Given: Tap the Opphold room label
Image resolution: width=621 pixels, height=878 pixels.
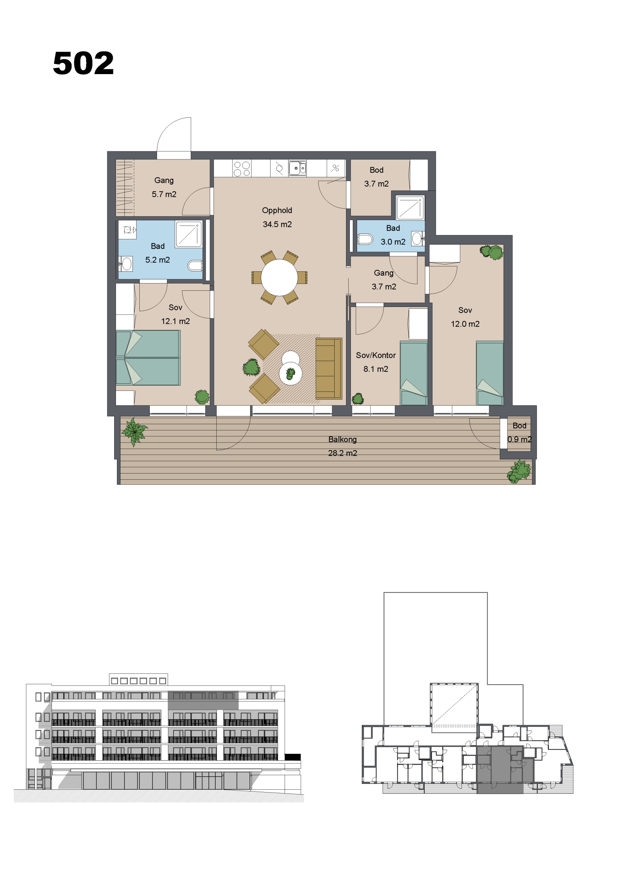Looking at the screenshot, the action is pyautogui.click(x=277, y=210).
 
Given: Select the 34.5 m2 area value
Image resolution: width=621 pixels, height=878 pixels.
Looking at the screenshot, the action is pyautogui.click(x=277, y=225).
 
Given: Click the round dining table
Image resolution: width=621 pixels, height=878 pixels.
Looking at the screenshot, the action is pyautogui.click(x=279, y=277).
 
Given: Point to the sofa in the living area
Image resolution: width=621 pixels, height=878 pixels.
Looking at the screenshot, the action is pyautogui.click(x=329, y=368).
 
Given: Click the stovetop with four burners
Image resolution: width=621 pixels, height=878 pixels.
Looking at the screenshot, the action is pyautogui.click(x=242, y=169).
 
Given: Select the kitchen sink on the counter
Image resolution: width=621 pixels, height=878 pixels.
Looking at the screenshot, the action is pyautogui.click(x=297, y=168).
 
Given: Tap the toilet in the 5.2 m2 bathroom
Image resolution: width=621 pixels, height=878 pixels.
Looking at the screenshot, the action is pyautogui.click(x=195, y=266).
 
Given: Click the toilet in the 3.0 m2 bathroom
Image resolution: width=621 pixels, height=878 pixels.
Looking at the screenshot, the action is pyautogui.click(x=365, y=239).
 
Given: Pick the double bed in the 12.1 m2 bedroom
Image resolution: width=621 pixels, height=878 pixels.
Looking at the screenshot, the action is pyautogui.click(x=148, y=358).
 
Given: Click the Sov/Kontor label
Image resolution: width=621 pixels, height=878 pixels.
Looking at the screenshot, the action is pyautogui.click(x=376, y=355).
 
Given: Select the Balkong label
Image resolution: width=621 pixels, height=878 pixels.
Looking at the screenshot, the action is pyautogui.click(x=343, y=439).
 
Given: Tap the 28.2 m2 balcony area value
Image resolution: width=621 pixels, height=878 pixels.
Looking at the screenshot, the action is pyautogui.click(x=343, y=453).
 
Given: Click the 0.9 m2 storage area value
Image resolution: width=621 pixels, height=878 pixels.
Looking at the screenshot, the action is pyautogui.click(x=519, y=439).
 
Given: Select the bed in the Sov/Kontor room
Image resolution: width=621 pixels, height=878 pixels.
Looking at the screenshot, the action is pyautogui.click(x=414, y=373).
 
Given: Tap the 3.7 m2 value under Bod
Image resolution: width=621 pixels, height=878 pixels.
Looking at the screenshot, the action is pyautogui.click(x=376, y=184).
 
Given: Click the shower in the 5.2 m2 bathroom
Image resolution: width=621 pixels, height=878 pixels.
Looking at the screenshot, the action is pyautogui.click(x=189, y=234).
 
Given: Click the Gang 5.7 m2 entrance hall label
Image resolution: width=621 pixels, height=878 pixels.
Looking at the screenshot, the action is pyautogui.click(x=164, y=187).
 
